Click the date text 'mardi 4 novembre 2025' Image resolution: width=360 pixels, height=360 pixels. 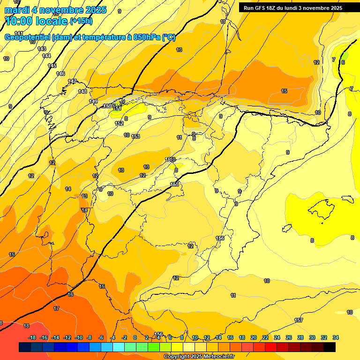pos(55,10)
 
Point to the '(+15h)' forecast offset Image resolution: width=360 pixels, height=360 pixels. pos(81,21)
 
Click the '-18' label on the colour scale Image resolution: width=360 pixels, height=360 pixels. pos(32,337)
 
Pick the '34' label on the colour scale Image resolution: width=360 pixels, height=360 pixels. pos(335,337)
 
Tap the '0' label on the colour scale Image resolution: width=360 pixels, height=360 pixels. pos(135,337)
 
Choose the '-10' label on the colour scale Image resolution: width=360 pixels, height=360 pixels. pos(79,337)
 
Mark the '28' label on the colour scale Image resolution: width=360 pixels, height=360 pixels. pos(300,337)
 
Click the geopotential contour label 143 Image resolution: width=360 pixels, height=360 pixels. pos(42,49)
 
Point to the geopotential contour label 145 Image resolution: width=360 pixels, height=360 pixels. pos(52,66)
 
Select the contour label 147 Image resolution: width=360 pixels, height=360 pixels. pos(72,82)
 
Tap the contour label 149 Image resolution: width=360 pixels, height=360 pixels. pos(93,101)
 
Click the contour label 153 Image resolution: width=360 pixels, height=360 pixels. pos(135,136)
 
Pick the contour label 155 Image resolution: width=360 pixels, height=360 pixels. pos(174,184)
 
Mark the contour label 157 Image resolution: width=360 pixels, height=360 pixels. pos(298,320)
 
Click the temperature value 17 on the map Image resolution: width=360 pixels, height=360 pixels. pos(56,308)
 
